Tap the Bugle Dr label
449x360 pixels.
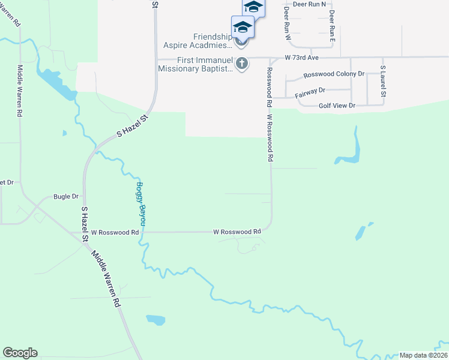66,196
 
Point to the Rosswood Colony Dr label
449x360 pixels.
334,74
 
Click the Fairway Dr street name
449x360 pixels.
310,91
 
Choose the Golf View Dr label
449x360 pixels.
337,106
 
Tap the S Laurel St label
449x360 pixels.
382,82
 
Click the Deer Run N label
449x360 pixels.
309,4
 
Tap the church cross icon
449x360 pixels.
242,64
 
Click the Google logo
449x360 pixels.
20,353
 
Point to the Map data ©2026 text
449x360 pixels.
424,355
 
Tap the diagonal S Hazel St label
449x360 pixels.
132,125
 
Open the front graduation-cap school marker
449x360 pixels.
243,28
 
